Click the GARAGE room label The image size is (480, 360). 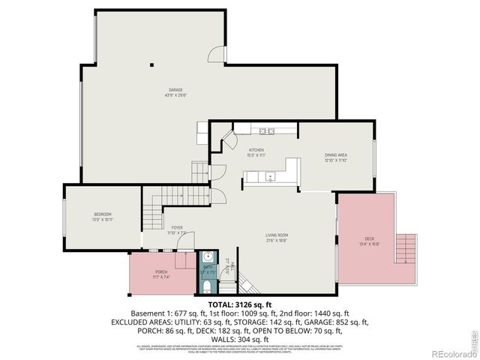(155, 89)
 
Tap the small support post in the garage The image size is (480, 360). (151, 64)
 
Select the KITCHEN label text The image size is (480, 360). (256, 150)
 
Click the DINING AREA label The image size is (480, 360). (335, 154)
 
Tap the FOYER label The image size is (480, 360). (177, 227)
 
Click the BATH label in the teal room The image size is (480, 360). (208, 267)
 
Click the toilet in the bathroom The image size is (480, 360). (208, 286)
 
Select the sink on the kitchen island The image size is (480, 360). (270, 177)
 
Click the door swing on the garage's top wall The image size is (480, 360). (217, 55)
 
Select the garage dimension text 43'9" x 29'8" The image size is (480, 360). (155, 94)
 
